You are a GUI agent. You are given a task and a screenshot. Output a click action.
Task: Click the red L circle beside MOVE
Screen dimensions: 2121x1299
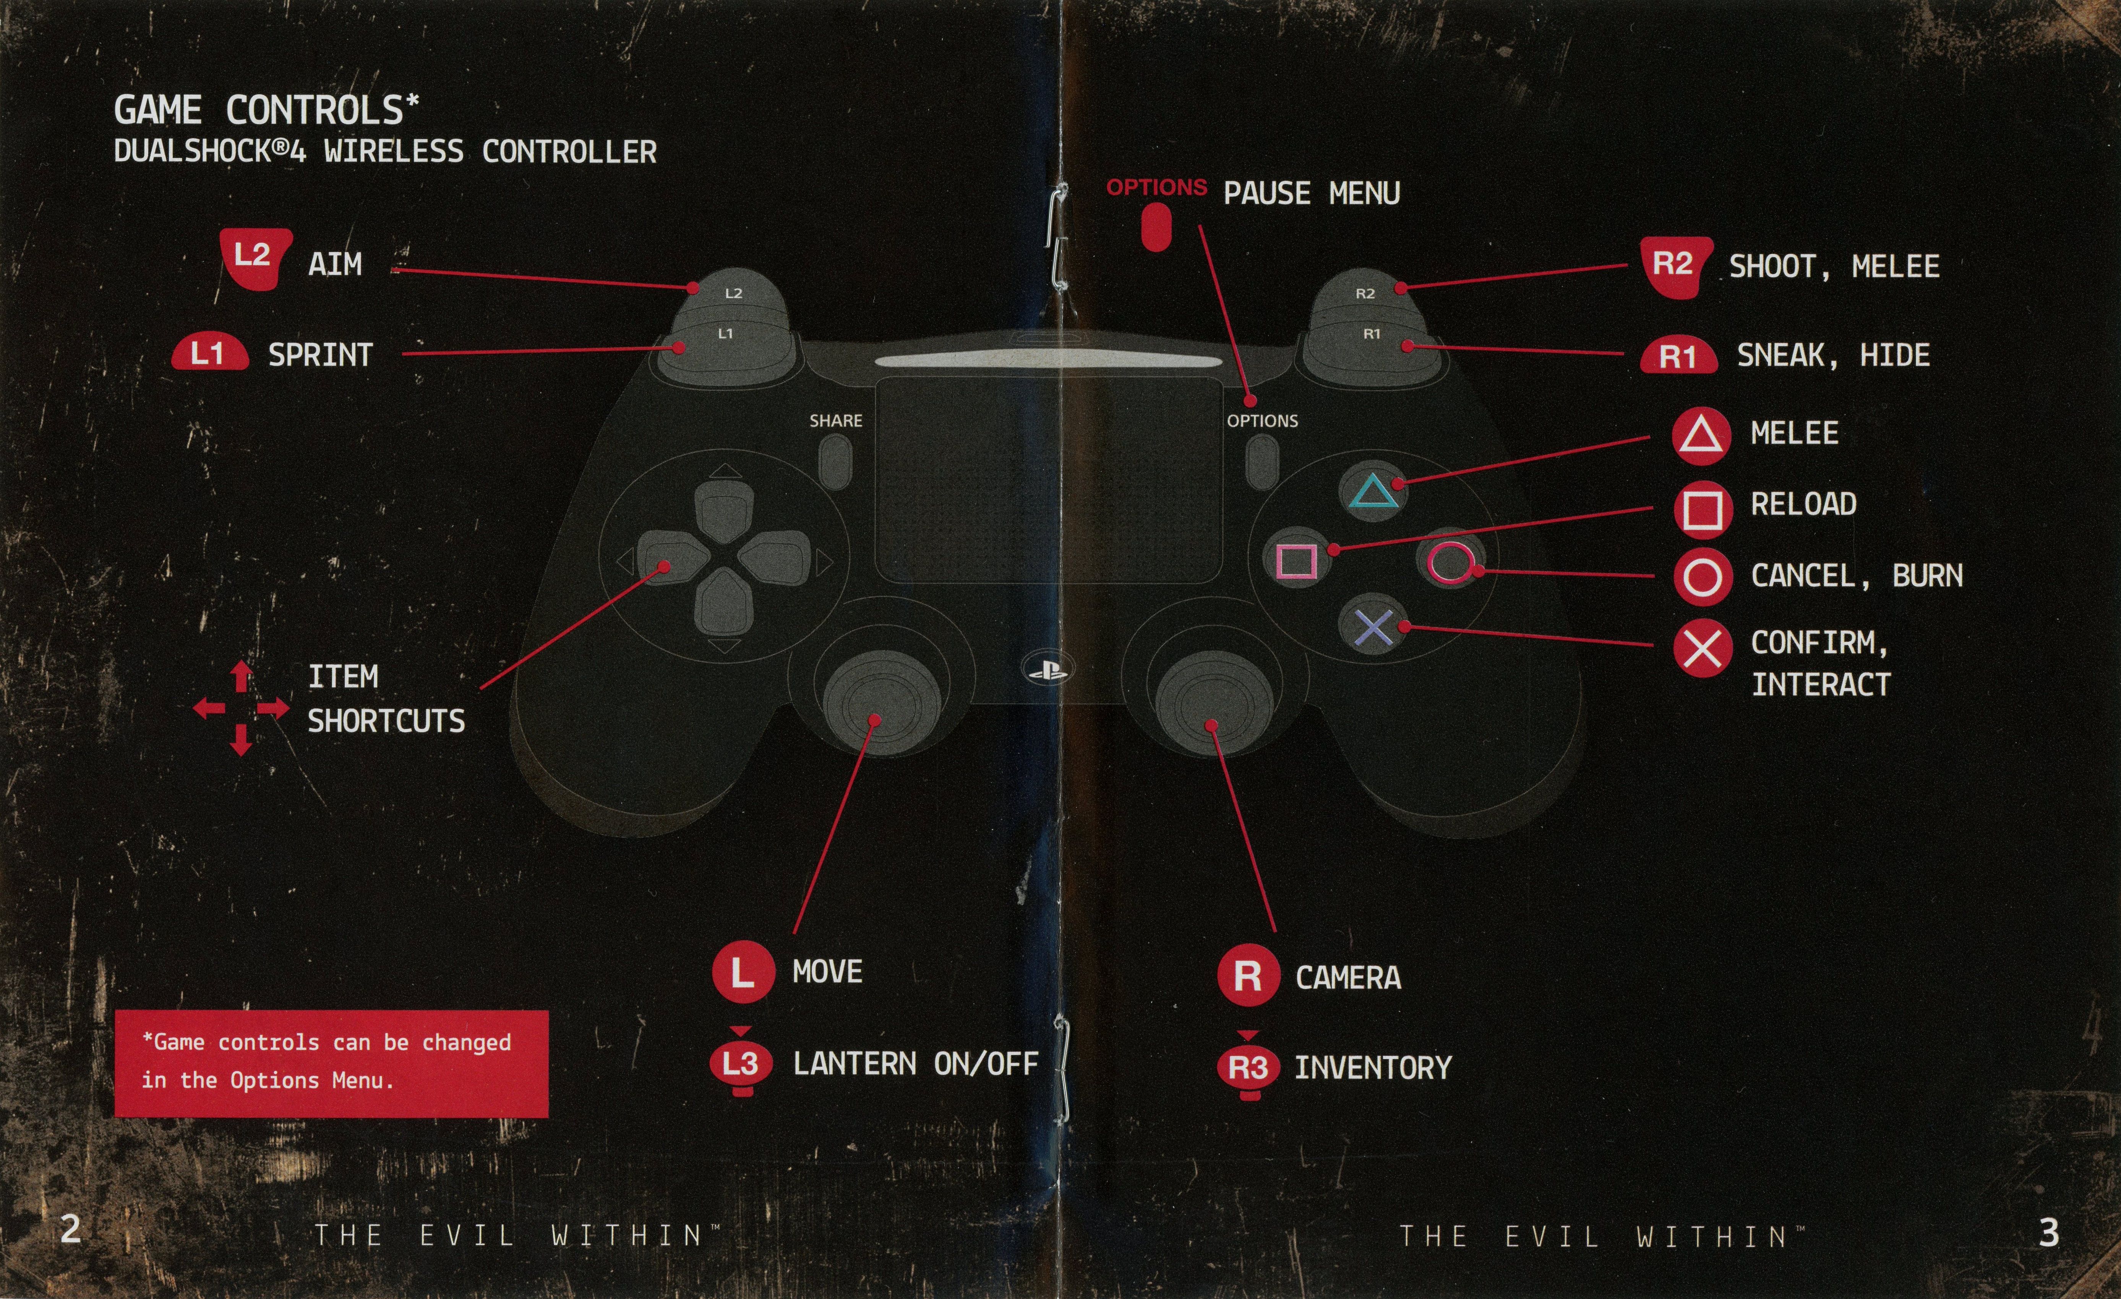(x=742, y=972)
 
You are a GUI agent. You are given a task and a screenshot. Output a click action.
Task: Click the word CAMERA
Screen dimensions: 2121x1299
(x=1348, y=978)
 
